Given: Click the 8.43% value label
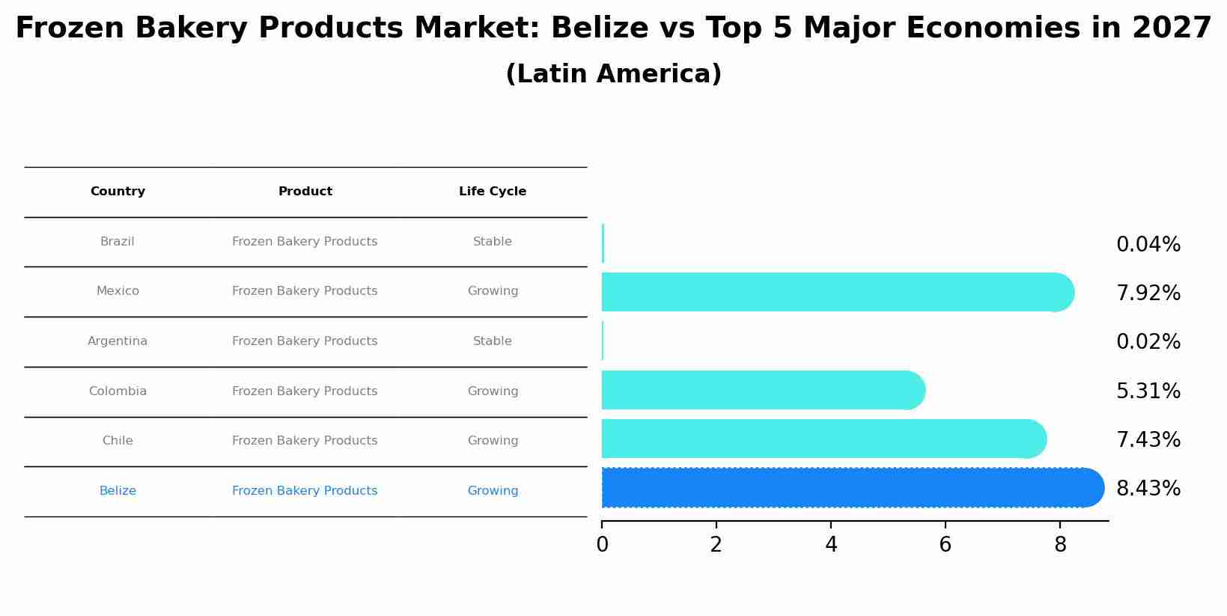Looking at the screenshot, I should point(1148,489).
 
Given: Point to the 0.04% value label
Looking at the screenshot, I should point(1148,245).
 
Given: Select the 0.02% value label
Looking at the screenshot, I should point(1148,342).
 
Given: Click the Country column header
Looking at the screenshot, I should point(118,192).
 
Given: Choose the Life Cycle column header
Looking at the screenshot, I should point(493,192).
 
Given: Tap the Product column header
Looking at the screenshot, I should point(305,192).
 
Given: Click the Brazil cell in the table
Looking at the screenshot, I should point(118,242).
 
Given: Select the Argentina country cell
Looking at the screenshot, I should point(118,341).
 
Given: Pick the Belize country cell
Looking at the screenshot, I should point(118,491).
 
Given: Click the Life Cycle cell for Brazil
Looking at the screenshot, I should point(493,242).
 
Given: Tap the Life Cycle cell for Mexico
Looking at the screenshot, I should point(493,291).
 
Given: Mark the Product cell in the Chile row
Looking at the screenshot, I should point(305,441).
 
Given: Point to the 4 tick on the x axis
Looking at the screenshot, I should point(831,545).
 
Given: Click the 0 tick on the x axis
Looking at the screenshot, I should point(602,545).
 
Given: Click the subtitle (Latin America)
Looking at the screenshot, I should point(613,74).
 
